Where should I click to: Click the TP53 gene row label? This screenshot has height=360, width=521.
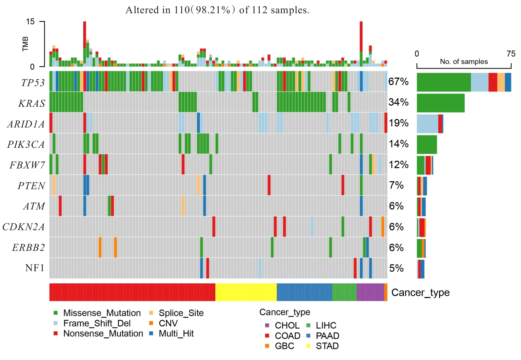point(33,83)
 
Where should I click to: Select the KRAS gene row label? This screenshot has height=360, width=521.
point(32,103)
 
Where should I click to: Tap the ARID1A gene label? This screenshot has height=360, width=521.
point(26,124)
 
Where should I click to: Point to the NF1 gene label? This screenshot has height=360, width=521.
point(35,268)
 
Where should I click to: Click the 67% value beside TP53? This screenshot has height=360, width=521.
point(399,82)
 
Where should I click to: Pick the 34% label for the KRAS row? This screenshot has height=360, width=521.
point(399,102)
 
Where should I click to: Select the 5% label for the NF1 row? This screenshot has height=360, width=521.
point(396,268)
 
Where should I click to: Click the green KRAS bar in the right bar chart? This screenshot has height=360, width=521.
point(440,103)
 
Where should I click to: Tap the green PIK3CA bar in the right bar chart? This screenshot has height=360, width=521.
point(427,144)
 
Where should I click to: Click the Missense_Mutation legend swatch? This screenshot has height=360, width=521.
point(56,313)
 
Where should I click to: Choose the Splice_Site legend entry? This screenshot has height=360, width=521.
point(181,313)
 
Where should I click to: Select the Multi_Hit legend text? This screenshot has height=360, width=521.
point(176,334)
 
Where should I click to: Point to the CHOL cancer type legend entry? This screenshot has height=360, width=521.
point(287,325)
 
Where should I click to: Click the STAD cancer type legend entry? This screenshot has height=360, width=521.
point(327,346)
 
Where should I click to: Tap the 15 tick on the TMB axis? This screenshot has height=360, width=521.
point(30,22)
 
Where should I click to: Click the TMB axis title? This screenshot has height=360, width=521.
point(25,44)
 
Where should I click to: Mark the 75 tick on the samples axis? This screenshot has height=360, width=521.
point(511,54)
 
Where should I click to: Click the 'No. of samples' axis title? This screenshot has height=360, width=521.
point(464,62)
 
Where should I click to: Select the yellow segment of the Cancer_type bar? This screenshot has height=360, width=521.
point(246,292)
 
